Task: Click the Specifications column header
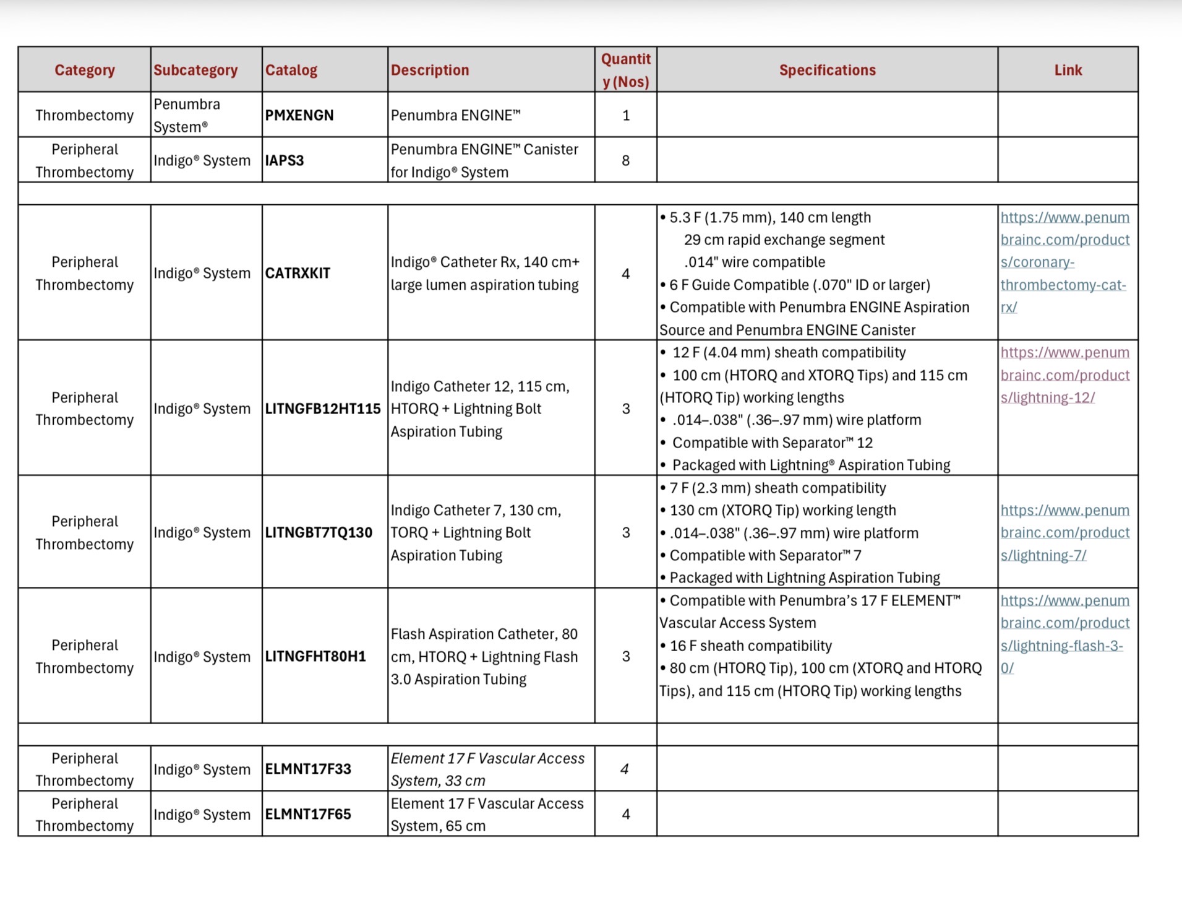coord(827,70)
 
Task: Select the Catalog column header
coord(291,70)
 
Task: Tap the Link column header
coord(1068,70)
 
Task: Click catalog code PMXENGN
coord(299,115)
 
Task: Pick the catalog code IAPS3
coord(285,160)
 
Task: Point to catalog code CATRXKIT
coord(298,273)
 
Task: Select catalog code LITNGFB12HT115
coord(323,409)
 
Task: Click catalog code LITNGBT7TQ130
coord(319,532)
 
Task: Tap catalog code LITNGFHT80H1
coord(315,656)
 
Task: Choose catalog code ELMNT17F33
coord(308,769)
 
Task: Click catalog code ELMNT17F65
coord(308,814)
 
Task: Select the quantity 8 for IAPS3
coord(625,160)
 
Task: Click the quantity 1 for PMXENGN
coord(625,115)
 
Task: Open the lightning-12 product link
coord(1064,375)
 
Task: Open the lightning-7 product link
coord(1064,532)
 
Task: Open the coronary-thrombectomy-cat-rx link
coord(1064,262)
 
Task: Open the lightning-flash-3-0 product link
coord(1064,634)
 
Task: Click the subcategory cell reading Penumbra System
coord(187,115)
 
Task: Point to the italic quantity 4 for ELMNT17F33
coord(625,769)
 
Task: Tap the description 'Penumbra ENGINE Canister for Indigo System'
coord(484,160)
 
